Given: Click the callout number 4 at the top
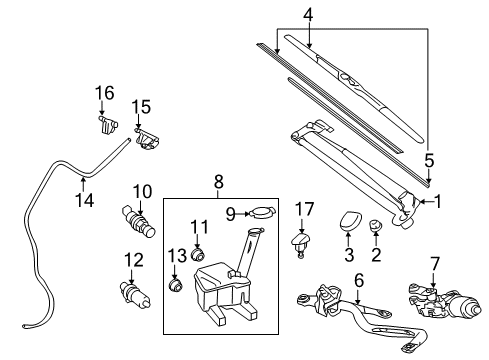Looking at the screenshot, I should pyautogui.click(x=309, y=14).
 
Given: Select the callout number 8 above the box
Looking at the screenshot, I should pyautogui.click(x=217, y=183).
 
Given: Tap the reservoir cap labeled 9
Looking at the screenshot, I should pyautogui.click(x=262, y=212).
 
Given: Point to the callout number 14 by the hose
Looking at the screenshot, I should pyautogui.click(x=85, y=199).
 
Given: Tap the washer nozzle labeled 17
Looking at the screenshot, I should pyautogui.click(x=302, y=241).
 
